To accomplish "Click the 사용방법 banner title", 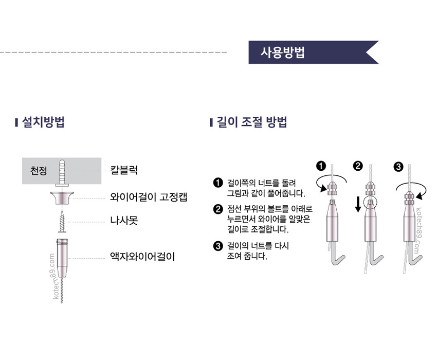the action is [283, 52].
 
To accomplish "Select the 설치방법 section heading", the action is [43, 122].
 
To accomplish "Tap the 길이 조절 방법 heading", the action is [252, 122].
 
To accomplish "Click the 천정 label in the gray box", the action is [39, 170].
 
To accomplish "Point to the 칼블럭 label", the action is [124, 170].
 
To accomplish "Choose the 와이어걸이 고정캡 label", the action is [149, 197].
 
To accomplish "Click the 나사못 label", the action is [124, 220].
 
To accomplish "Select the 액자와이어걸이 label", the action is [142, 257].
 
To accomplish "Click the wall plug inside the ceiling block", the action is [62, 173].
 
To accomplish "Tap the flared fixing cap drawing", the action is [62, 197].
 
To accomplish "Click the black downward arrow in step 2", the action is [358, 204].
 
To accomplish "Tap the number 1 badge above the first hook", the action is [321, 166].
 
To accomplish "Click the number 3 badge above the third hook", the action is [398, 167].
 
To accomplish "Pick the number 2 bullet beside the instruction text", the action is [218, 209].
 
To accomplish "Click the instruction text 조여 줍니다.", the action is [247, 256].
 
